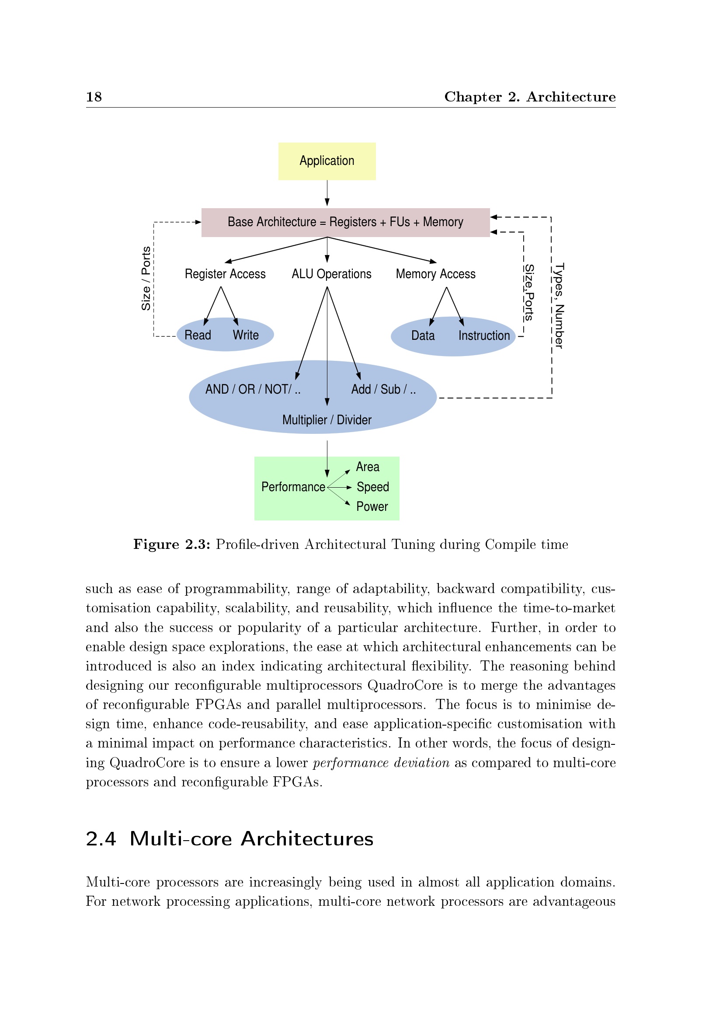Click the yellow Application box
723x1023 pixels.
[x=327, y=161]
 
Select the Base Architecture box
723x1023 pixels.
[x=345, y=222]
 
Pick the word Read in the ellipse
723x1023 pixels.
[x=198, y=335]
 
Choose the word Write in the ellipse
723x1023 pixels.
[x=245, y=335]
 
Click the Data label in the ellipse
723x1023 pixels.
[x=423, y=335]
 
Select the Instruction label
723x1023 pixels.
[x=484, y=335]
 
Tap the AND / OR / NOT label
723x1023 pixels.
[x=252, y=389]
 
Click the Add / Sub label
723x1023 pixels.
[x=383, y=389]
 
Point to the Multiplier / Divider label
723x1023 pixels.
[x=327, y=420]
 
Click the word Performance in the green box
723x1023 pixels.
[x=293, y=487]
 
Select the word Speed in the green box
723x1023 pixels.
[x=372, y=487]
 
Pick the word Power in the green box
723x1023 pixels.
[x=372, y=506]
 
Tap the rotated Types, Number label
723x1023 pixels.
[x=559, y=306]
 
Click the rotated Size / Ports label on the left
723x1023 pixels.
[x=146, y=279]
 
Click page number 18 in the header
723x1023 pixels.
[x=94, y=97]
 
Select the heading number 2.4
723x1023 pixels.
[x=101, y=839]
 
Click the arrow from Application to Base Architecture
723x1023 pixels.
[x=327, y=193]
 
